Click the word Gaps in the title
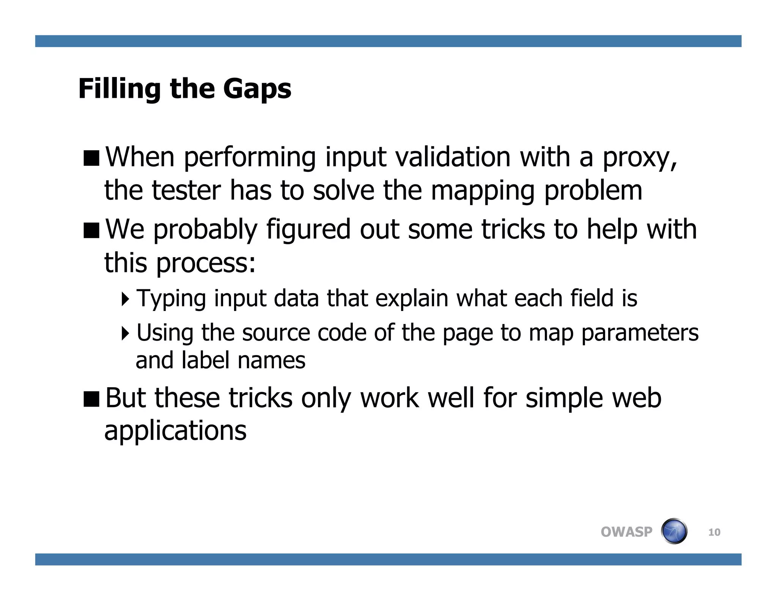point(257,89)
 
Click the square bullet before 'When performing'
point(91,158)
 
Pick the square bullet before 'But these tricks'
point(91,399)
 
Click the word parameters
point(640,333)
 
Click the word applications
point(175,432)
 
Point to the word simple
point(564,399)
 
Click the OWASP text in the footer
point(626,532)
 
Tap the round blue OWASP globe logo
point(674,531)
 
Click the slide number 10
point(714,532)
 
